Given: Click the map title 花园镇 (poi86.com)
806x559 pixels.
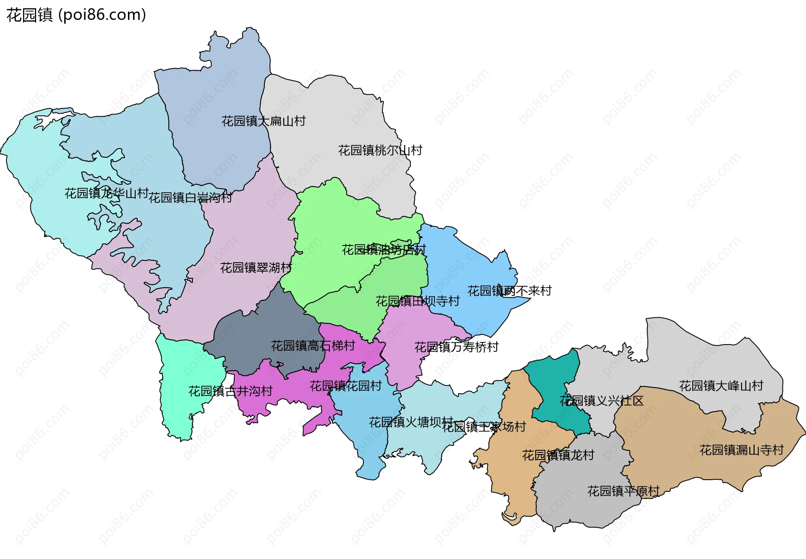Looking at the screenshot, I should [x=76, y=15].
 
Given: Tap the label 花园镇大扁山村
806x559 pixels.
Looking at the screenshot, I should [x=263, y=121].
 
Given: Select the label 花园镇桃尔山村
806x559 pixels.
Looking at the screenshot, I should [x=380, y=150].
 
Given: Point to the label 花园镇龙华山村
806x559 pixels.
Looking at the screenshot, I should [x=106, y=193].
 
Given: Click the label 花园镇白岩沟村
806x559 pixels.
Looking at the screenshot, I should [x=190, y=197].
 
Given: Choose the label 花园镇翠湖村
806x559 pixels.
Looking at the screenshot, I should [x=256, y=268].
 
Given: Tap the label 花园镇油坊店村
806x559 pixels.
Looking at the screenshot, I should [x=384, y=250].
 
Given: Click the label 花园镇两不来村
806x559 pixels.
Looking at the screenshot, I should [x=509, y=291].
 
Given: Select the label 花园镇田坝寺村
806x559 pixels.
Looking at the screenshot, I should [x=417, y=301].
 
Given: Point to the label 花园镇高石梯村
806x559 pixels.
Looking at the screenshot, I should [x=313, y=346].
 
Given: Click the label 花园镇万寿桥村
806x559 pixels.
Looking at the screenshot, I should [x=456, y=347].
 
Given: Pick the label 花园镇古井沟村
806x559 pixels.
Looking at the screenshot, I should [x=230, y=391].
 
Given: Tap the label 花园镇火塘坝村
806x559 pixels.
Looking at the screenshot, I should [x=411, y=422].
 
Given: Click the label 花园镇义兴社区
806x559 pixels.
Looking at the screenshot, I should [x=601, y=401].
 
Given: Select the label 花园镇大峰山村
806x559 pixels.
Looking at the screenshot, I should [x=721, y=386].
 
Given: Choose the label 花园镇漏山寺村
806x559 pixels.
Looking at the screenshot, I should [x=741, y=450].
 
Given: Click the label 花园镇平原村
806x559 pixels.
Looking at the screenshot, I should [x=623, y=491].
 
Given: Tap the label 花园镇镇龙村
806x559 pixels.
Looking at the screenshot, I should [x=558, y=455].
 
